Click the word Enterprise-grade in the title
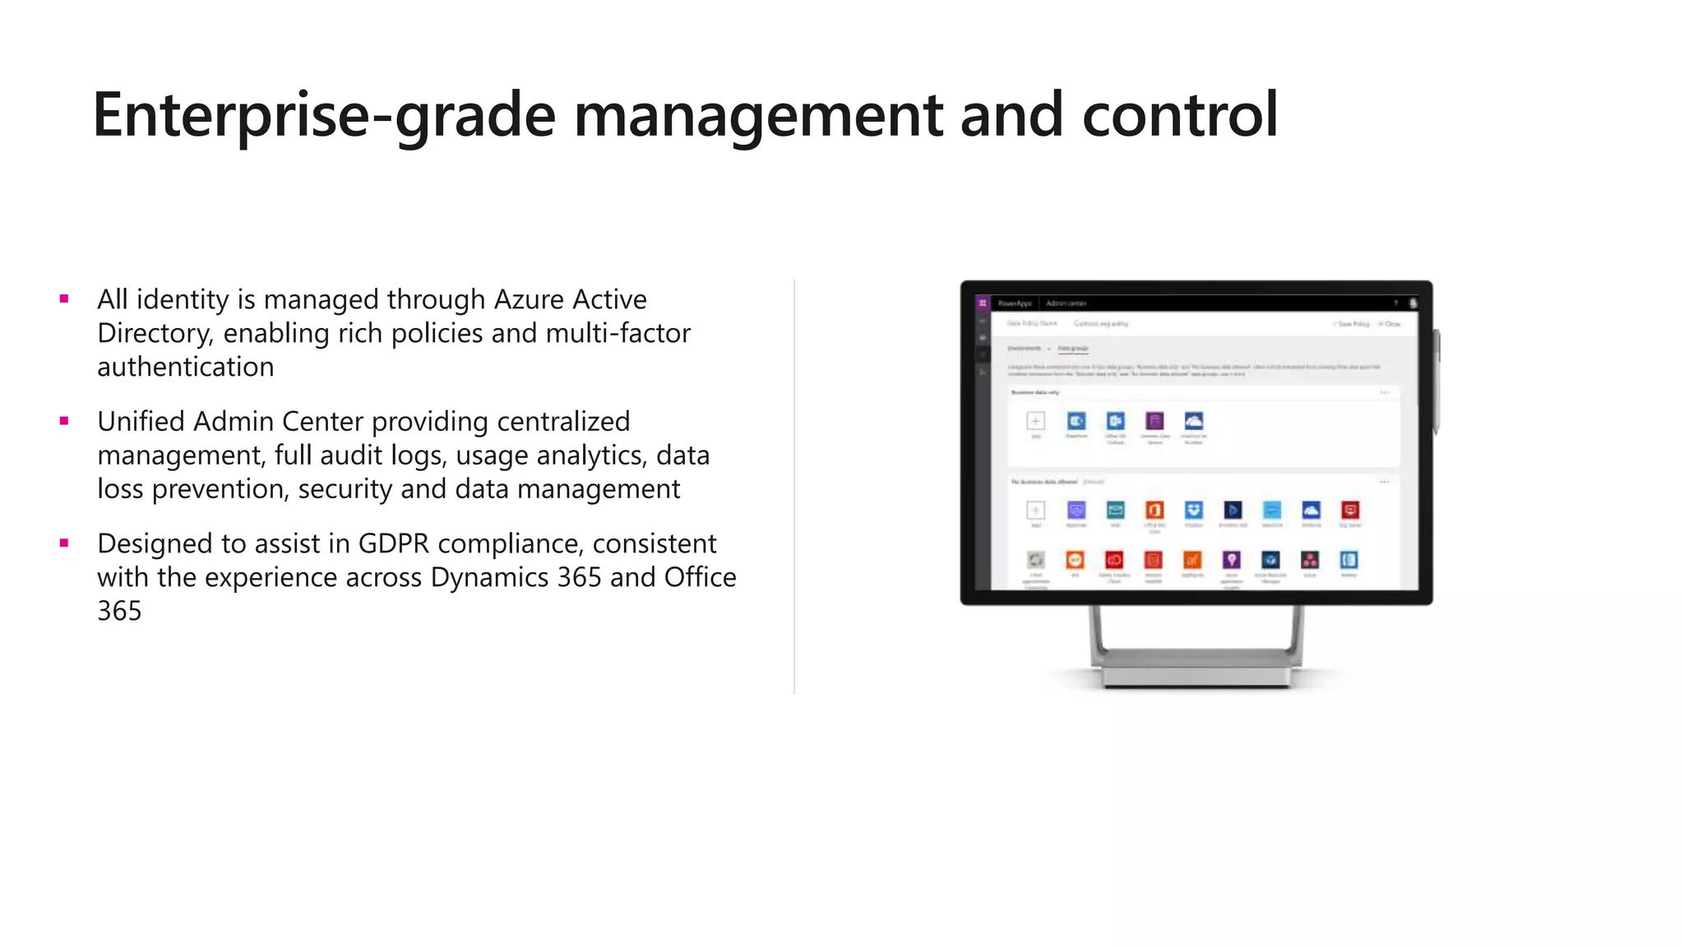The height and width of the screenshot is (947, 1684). click(324, 115)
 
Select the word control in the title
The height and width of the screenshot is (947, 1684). click(1180, 115)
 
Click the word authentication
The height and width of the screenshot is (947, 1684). click(186, 367)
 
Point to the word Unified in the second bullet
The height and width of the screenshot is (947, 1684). click(141, 422)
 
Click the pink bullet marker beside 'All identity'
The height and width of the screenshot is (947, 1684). click(64, 299)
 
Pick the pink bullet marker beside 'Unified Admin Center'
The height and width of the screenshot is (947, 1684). click(64, 422)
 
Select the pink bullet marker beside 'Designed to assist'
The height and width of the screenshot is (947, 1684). click(64, 543)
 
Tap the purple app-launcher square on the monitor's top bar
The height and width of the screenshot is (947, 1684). click(983, 303)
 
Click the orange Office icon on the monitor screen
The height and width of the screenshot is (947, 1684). click(1154, 510)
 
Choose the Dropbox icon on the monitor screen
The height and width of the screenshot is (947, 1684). click(1194, 510)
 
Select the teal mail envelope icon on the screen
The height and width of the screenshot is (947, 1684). click(1115, 510)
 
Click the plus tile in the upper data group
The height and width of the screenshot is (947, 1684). click(1036, 422)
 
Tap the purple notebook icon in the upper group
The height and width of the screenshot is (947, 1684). click(1154, 422)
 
